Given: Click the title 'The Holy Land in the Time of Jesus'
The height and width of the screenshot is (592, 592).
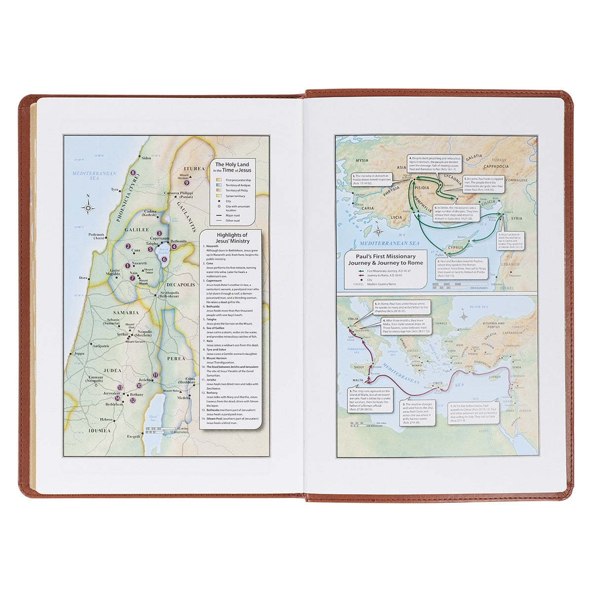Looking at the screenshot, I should pyautogui.click(x=232, y=167).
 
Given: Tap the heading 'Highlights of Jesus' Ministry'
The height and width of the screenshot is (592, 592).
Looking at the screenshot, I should pyautogui.click(x=231, y=238).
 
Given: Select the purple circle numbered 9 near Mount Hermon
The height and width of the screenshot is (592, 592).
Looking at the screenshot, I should pyautogui.click(x=187, y=183).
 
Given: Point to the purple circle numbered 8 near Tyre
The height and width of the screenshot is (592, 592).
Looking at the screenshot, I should pyautogui.click(x=133, y=173).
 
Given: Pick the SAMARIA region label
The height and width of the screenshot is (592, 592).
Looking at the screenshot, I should pyautogui.click(x=127, y=313).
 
